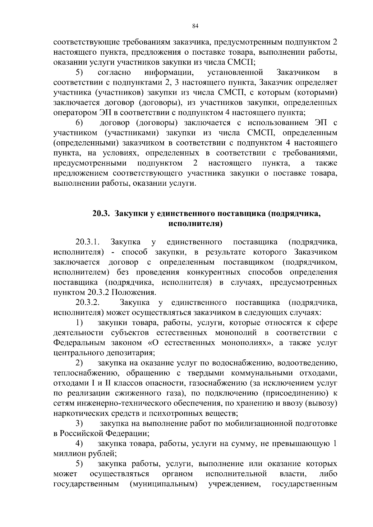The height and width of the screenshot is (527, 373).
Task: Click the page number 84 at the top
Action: [195, 26]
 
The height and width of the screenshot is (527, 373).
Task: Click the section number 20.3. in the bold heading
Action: [102, 213]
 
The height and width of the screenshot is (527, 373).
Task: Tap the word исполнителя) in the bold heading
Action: [195, 224]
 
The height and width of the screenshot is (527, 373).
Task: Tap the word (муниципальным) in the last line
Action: [163, 484]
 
